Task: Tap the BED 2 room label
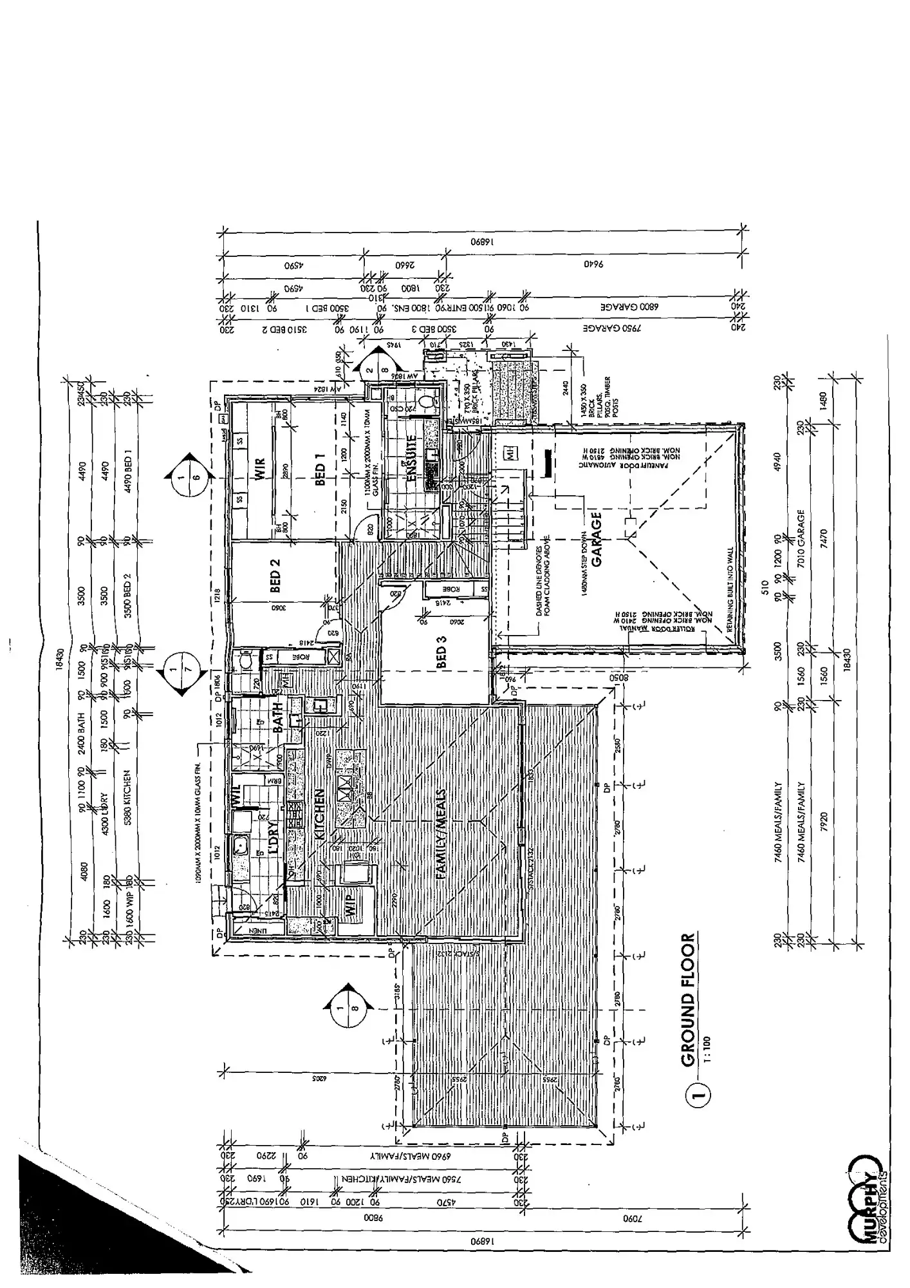pos(275,575)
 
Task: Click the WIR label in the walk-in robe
pos(260,470)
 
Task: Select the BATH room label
pos(279,718)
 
